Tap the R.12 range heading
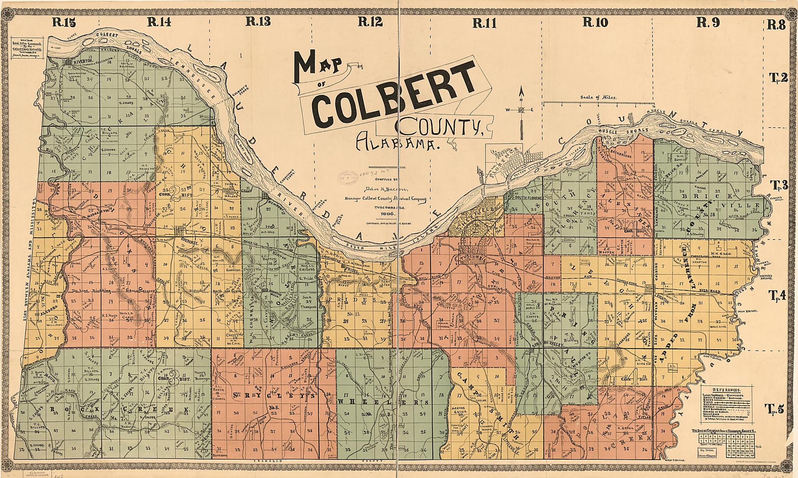369,22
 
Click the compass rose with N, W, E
521,110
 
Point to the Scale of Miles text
598,98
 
